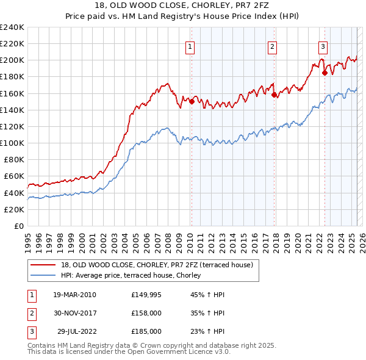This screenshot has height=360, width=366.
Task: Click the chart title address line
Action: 183,5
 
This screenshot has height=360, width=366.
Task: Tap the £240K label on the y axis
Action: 12,27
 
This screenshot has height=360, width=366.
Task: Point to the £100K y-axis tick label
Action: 12,143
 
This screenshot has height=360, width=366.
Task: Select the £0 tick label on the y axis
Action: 18,226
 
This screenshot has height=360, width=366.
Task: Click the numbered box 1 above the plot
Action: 190,46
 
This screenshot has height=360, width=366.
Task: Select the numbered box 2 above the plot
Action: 272,46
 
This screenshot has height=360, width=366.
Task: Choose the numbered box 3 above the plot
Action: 323,46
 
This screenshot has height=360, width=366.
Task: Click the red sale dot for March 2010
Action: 192,102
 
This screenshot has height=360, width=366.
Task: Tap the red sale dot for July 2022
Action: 325,73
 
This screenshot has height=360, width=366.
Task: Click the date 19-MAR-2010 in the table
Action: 74,295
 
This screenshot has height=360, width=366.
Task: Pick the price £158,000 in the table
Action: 146,313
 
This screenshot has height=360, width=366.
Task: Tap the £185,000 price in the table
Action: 146,331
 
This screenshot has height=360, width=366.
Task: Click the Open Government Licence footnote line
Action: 129,352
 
